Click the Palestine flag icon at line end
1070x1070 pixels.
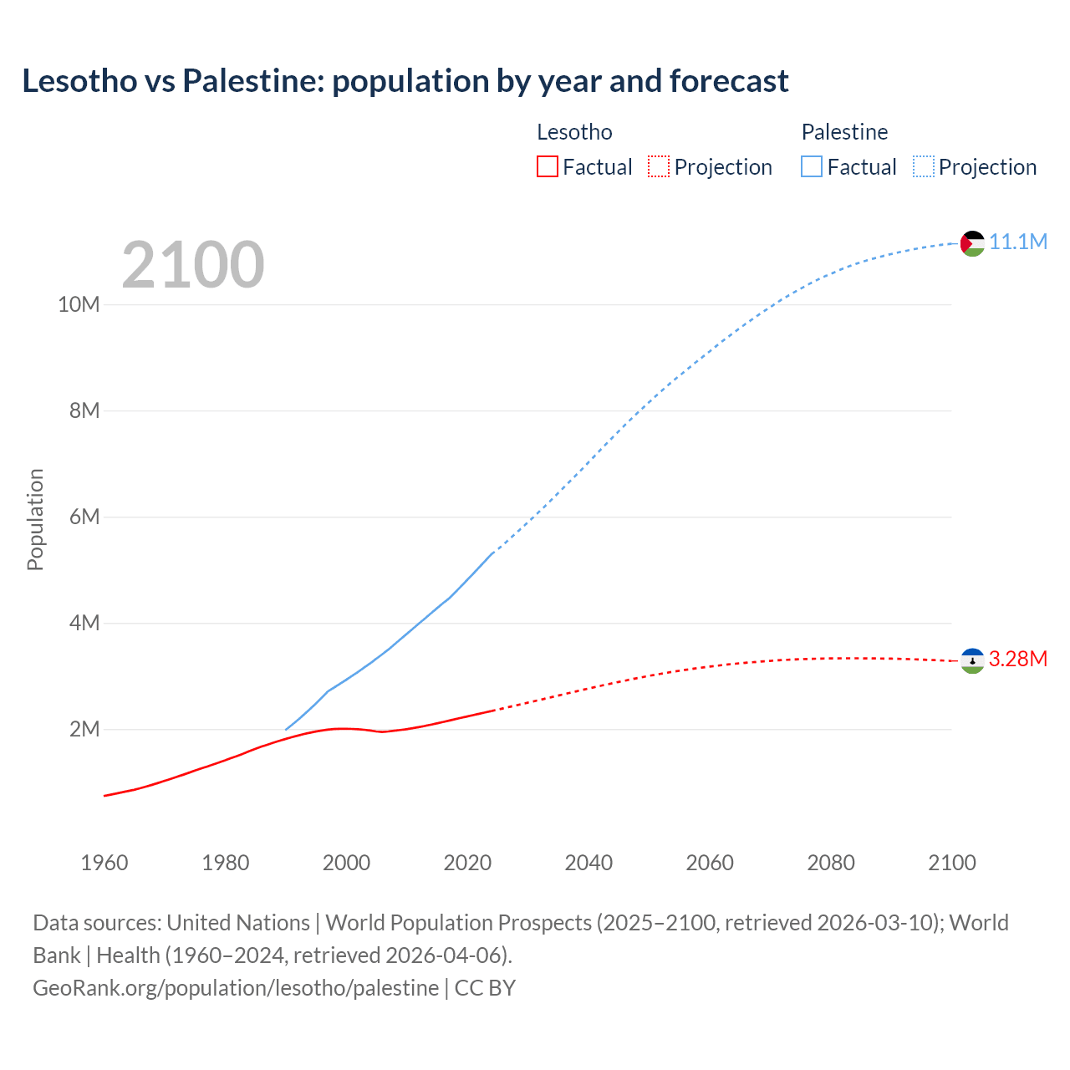972,243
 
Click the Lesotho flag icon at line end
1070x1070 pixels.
972,660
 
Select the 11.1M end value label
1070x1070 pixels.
1018,242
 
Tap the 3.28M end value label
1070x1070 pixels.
1018,660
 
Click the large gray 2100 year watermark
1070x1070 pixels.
193,265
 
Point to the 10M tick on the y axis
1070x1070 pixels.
79,305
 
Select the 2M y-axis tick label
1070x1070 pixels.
84,730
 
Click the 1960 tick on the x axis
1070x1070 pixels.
104,863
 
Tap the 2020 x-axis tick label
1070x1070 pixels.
467,863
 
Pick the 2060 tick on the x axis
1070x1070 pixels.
710,863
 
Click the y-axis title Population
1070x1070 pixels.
35,519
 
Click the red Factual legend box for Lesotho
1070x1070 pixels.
547,167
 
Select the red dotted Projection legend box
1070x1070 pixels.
659,167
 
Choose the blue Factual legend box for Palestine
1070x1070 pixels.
812,167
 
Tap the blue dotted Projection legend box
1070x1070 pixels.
924,167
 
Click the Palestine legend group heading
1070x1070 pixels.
844,132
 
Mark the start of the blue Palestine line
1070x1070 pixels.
286,730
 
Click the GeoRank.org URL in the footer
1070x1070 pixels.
236,988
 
